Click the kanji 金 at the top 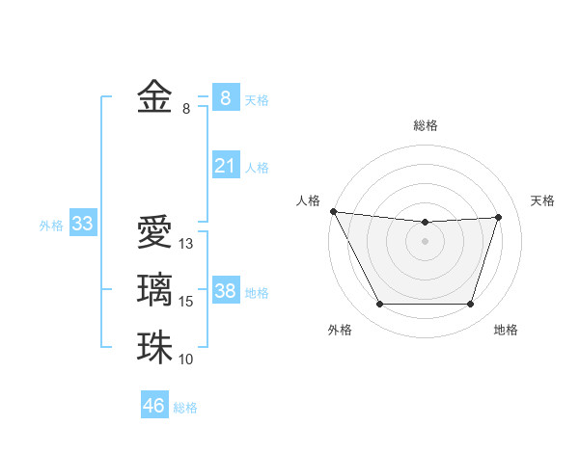pos(154,98)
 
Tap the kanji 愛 pos(154,233)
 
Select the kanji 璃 pos(154,290)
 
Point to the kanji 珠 pos(154,348)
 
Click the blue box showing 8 pos(225,98)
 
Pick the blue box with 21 pos(225,166)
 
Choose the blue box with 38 pos(225,291)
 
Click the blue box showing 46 pos(154,406)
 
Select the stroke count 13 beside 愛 pos(187,244)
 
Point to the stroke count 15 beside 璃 pos(187,302)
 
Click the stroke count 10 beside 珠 pos(187,360)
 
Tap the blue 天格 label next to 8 pos(257,100)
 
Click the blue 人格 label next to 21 pos(257,168)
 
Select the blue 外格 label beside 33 pos(51,226)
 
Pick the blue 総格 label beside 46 pos(185,407)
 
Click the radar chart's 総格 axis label pos(425,125)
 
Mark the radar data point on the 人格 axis pos(333,211)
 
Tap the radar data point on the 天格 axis pos(499,217)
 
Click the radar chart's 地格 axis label pos(506,330)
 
